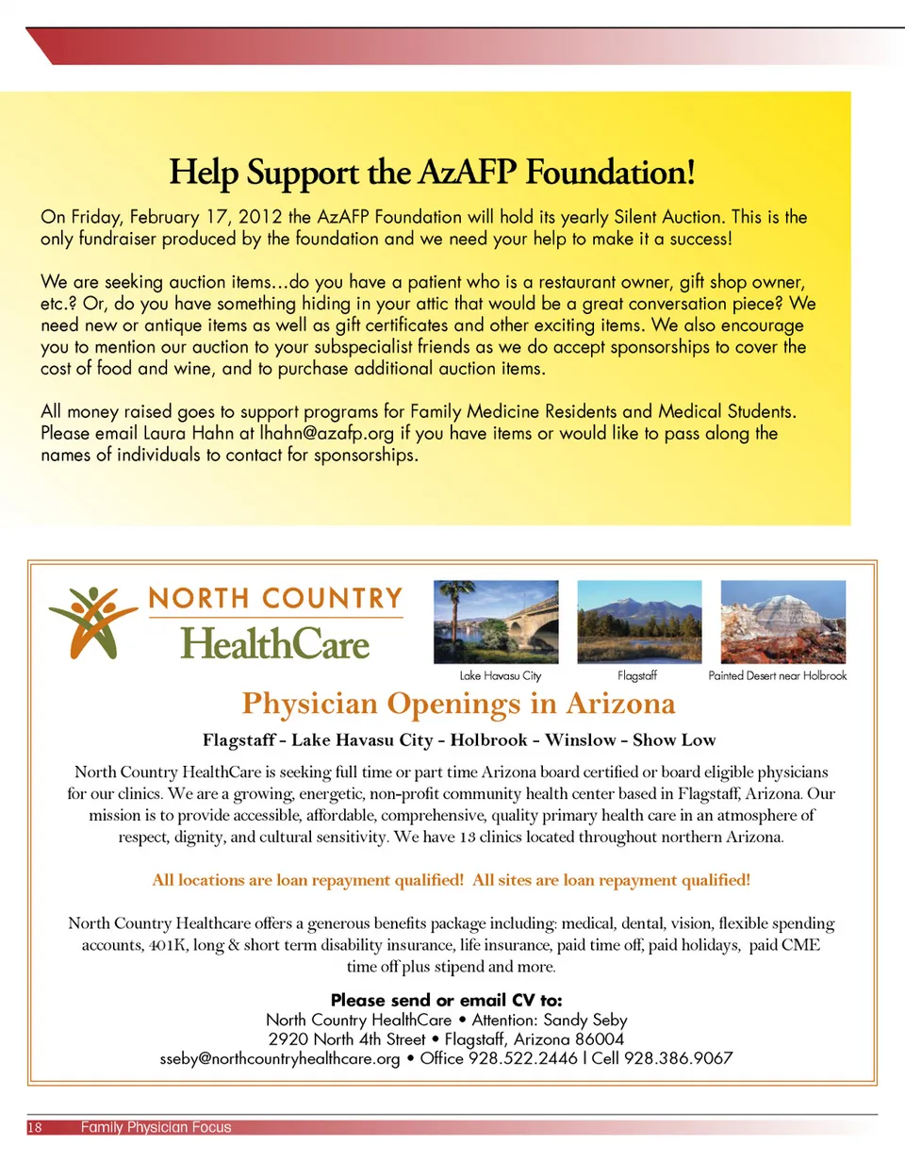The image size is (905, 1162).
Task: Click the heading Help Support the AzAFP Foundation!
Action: point(433,174)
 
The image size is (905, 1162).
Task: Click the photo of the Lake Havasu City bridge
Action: point(496,621)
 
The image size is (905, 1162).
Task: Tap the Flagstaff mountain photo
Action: point(639,621)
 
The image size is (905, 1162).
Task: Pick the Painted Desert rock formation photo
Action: point(782,621)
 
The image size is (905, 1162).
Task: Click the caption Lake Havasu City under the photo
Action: point(501,676)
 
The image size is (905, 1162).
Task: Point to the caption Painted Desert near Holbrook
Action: point(778,676)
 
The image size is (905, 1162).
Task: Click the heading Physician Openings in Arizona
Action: point(458,705)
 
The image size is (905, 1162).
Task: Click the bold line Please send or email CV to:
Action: point(447,1000)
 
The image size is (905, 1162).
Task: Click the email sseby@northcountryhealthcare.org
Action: point(281,1058)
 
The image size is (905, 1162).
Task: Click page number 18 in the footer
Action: point(33,1127)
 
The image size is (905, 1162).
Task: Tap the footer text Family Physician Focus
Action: point(156,1127)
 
